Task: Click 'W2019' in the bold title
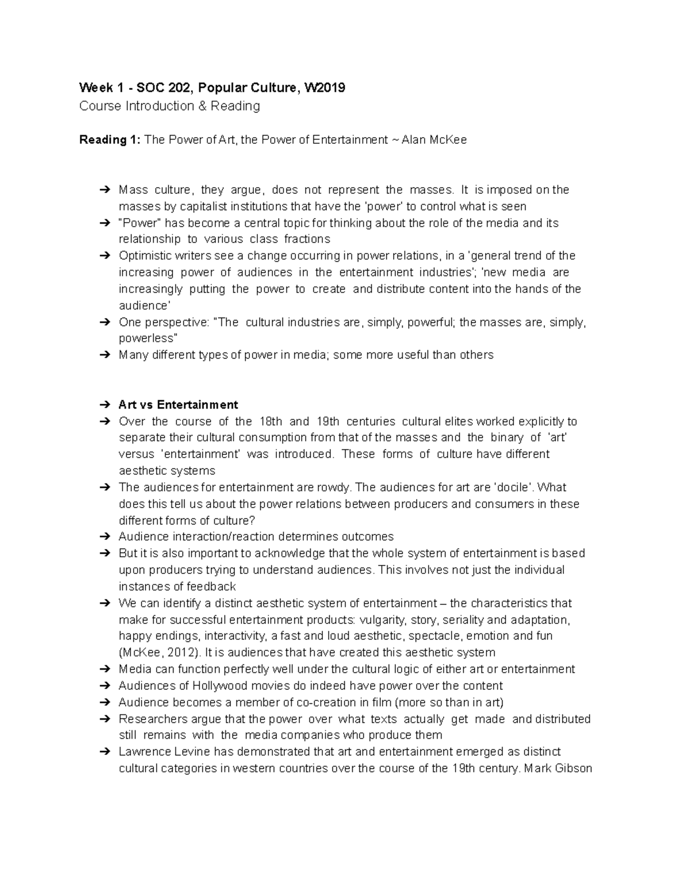(324, 88)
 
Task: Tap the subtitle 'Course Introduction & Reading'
(170, 106)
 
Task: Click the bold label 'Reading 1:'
(110, 140)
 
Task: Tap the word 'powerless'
(147, 338)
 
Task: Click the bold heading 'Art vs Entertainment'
(178, 405)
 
